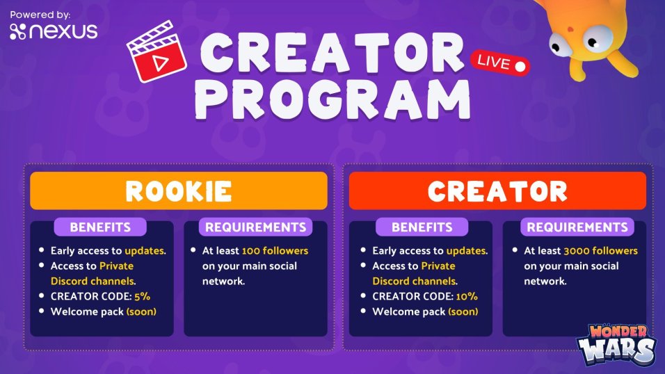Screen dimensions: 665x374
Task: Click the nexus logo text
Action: (54, 31)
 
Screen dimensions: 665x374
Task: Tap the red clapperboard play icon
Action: (157, 51)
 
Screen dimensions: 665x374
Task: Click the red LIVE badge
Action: (500, 63)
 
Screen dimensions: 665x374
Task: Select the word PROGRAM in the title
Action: (333, 99)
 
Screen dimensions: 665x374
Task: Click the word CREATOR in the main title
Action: (332, 53)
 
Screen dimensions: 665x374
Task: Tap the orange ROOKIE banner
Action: (179, 190)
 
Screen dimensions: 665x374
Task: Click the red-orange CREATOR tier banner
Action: (497, 190)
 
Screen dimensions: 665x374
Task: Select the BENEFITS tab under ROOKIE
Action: (100, 227)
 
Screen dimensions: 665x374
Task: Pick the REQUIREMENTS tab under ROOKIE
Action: (256, 227)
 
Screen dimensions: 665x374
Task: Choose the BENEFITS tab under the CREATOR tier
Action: (422, 227)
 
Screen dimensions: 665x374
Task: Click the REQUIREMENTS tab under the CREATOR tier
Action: (577, 227)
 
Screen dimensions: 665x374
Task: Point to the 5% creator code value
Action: (142, 296)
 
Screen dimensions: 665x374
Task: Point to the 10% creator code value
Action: (467, 296)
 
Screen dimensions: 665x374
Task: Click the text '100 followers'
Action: (275, 250)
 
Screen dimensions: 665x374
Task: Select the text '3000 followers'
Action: (600, 250)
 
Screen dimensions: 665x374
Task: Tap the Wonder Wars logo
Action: (616, 345)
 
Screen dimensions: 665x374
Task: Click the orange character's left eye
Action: (561, 45)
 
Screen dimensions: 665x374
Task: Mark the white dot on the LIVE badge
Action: (520, 67)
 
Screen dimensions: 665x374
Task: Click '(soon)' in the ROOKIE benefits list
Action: (141, 311)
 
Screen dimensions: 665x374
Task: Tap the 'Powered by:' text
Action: (40, 15)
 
